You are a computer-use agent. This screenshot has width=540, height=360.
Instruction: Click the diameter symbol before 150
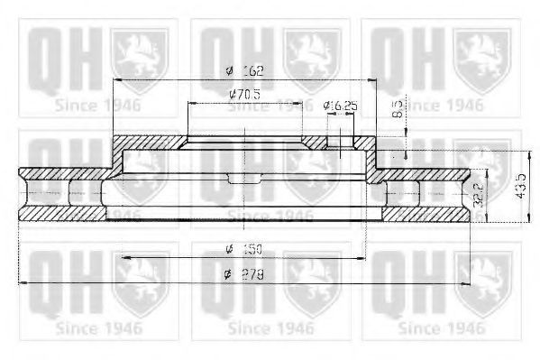231,248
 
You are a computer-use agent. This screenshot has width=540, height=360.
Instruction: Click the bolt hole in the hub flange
341,144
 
